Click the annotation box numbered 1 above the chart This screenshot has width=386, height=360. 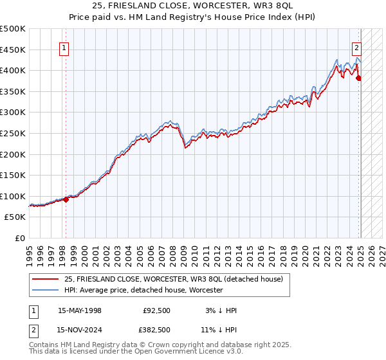[x=65, y=47]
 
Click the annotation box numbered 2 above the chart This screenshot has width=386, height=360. [x=356, y=47]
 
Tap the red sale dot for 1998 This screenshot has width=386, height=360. [x=66, y=199]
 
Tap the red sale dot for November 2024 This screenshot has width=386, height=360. [x=359, y=78]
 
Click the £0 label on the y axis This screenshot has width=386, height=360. [x=20, y=238]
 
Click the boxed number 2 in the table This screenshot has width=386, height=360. [x=33, y=330]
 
